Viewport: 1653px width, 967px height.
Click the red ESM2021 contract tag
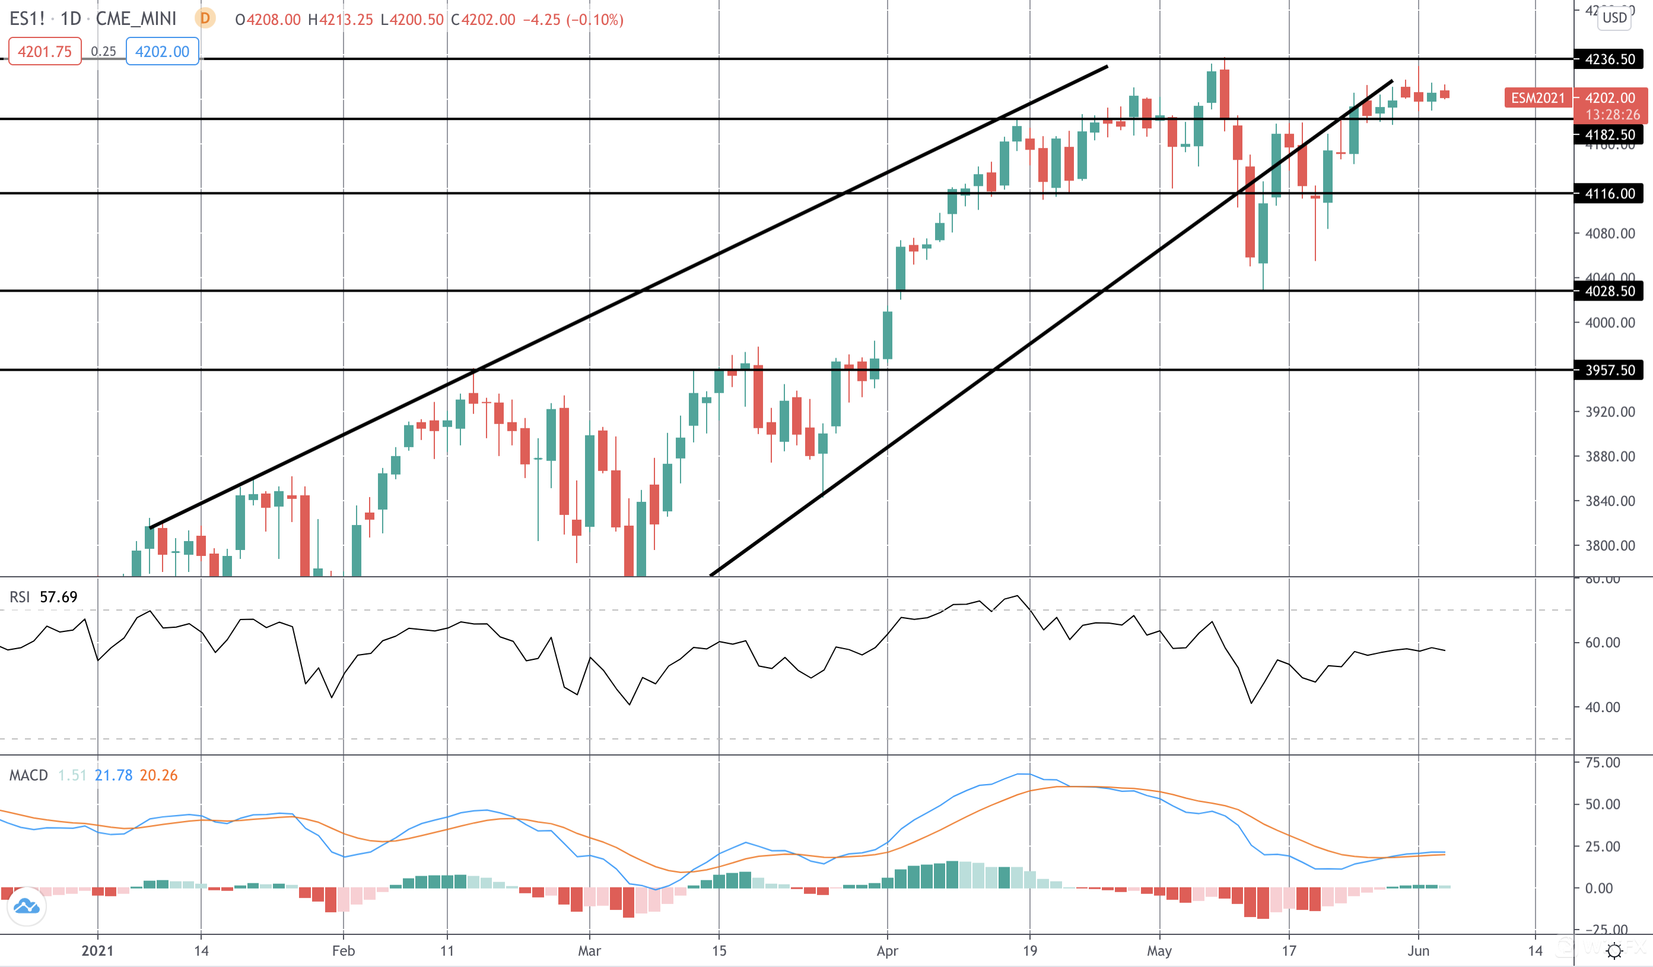point(1537,98)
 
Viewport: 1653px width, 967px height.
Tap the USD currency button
point(1614,18)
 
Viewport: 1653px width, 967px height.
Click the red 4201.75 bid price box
point(44,51)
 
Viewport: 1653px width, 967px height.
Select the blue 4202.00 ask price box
point(162,51)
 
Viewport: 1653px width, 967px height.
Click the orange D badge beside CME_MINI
point(205,18)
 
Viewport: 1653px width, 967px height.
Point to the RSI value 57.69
point(58,597)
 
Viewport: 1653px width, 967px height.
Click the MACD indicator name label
point(28,775)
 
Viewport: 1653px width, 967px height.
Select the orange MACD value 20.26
point(159,775)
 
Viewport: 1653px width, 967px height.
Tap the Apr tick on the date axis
point(887,950)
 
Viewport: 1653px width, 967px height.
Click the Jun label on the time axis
point(1418,950)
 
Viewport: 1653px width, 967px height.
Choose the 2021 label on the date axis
point(97,950)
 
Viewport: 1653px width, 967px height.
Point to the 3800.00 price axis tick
point(1610,545)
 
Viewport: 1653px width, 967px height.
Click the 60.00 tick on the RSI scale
point(1602,643)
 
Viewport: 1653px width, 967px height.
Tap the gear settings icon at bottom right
point(1614,950)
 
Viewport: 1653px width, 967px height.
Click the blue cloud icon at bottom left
point(27,906)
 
